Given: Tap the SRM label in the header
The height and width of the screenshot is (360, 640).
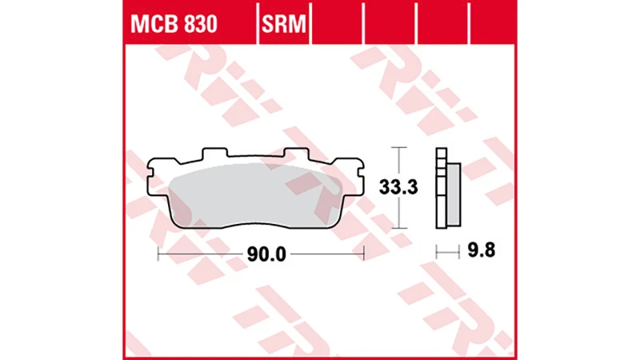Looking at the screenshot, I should (x=283, y=25).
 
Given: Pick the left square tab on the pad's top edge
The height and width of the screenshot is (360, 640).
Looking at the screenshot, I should (x=212, y=152).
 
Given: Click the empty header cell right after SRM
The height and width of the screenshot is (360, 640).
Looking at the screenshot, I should (x=337, y=25).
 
